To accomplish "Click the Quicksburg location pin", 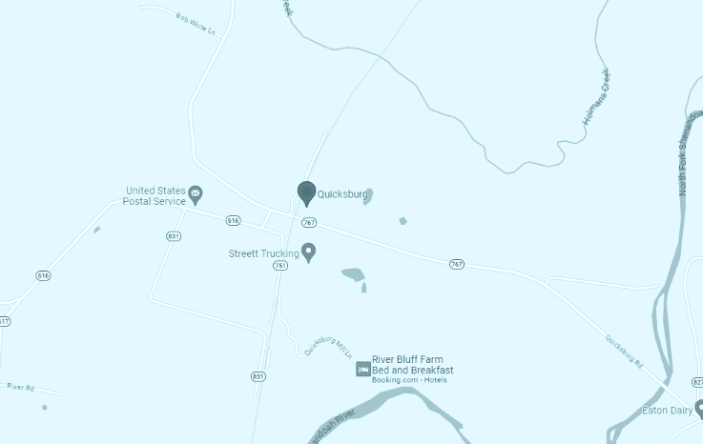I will tap(306, 193).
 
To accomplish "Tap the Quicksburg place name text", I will tap(342, 194).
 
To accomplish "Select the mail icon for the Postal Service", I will tap(196, 195).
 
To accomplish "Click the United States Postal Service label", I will tap(155, 195).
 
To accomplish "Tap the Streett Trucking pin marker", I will tap(308, 252).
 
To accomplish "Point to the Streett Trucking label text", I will tap(263, 253).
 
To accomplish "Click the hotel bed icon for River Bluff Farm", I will tap(362, 369).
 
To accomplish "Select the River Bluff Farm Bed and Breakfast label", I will tap(412, 364).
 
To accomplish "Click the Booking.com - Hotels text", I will tap(409, 380).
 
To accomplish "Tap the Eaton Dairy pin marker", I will tap(699, 409).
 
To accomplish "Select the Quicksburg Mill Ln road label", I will tap(328, 348).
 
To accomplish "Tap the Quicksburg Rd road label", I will tap(625, 351).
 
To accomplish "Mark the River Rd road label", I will tap(20, 387).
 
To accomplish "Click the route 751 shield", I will tap(279, 266).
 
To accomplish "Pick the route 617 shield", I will tap(4, 321).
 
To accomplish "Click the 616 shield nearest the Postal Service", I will tap(234, 220).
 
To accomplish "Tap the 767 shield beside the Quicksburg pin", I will tap(308, 222).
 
